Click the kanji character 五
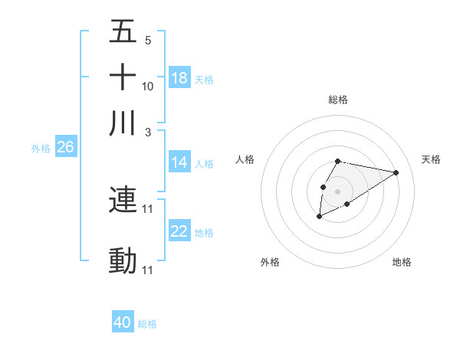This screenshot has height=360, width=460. pyautogui.click(x=123, y=32)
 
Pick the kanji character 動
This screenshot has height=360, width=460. pyautogui.click(x=123, y=261)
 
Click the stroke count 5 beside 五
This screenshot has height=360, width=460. pyautogui.click(x=148, y=41)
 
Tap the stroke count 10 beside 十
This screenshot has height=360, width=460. pyautogui.click(x=148, y=86)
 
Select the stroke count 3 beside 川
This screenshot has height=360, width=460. pyautogui.click(x=148, y=131)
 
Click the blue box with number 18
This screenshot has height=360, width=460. pyautogui.click(x=179, y=78)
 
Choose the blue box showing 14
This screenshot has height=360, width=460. pyautogui.click(x=179, y=162)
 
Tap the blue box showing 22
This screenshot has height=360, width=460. pyautogui.click(x=179, y=231)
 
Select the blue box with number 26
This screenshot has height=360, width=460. pyautogui.click(x=65, y=148)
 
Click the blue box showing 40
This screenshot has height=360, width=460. pyautogui.click(x=123, y=322)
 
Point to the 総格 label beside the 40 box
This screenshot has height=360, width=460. pyautogui.click(x=147, y=324)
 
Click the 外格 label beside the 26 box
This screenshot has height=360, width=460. pyautogui.click(x=40, y=149)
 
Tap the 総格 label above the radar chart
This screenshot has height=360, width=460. pyautogui.click(x=337, y=100)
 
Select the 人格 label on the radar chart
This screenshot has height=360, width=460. pyautogui.click(x=245, y=159)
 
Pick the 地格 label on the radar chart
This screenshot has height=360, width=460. pyautogui.click(x=402, y=263)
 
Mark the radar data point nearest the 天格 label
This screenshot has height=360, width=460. pyautogui.click(x=396, y=172)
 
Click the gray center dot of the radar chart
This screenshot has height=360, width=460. pyautogui.click(x=337, y=190)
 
